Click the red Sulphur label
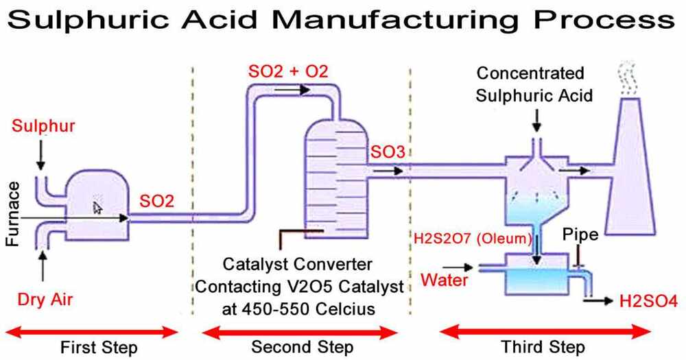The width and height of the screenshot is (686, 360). (x=43, y=127)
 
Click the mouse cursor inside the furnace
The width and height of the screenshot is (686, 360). (x=97, y=206)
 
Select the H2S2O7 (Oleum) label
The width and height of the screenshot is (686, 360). (x=472, y=239)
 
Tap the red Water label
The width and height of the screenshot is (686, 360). (x=445, y=280)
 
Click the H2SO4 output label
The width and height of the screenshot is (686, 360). (x=648, y=300)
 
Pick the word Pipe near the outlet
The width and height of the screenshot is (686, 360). (x=580, y=235)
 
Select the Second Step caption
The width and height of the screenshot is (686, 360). (x=302, y=347)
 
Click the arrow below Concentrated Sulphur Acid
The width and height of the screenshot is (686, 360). (x=536, y=120)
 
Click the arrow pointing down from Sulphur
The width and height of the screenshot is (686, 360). (x=40, y=155)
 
